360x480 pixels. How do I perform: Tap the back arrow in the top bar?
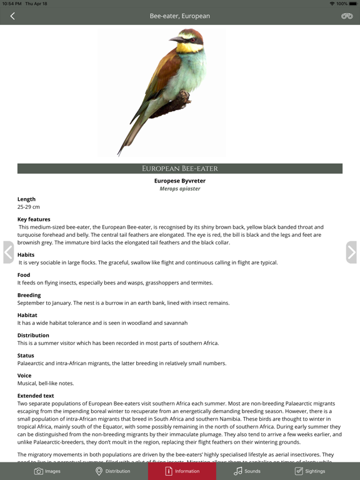(x=12, y=16)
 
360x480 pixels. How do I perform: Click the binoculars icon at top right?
(x=347, y=16)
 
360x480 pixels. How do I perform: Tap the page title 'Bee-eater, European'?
(x=180, y=16)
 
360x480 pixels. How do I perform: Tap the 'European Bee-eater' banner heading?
(x=180, y=169)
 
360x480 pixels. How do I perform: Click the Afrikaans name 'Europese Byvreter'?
(x=180, y=181)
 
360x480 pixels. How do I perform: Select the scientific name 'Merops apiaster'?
(x=180, y=188)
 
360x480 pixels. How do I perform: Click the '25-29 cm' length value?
(x=29, y=207)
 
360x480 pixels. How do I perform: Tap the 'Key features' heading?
(x=34, y=219)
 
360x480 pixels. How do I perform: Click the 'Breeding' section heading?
(x=29, y=295)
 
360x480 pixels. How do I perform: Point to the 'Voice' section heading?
(x=24, y=376)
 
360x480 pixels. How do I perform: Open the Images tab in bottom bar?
(x=47, y=471)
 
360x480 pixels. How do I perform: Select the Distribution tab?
(x=112, y=471)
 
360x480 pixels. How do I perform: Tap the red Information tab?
(x=182, y=471)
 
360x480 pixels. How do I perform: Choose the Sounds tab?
(x=247, y=471)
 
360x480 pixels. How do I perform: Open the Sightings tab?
(x=310, y=471)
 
